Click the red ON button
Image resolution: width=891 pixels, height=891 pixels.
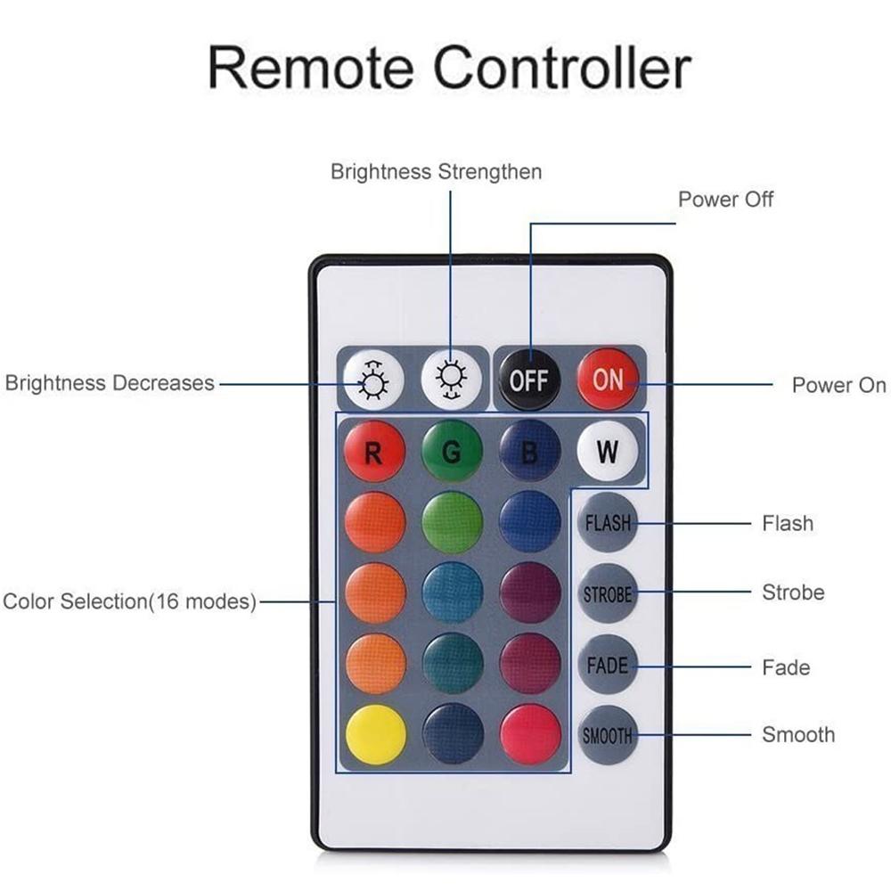(608, 380)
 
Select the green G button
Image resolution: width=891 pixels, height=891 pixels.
(452, 453)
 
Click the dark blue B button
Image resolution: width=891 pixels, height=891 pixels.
(529, 453)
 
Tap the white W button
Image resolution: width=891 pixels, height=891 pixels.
(608, 451)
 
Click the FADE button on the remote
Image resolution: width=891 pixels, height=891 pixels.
(608, 665)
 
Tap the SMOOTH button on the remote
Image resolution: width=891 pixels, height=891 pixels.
(608, 736)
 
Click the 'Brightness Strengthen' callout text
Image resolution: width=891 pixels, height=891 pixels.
(436, 171)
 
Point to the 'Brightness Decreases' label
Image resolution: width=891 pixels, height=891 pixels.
(110, 383)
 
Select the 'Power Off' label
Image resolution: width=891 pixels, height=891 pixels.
(725, 199)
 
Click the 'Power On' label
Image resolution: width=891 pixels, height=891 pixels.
(838, 385)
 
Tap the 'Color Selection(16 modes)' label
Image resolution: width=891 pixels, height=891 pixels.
(129, 601)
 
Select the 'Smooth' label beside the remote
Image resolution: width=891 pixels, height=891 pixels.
(798, 735)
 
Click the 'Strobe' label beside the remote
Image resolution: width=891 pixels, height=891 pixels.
(793, 593)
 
